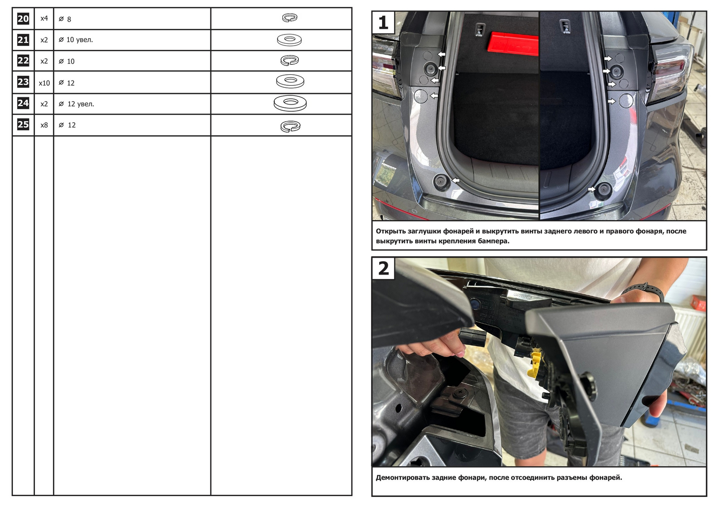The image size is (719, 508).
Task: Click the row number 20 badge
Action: coord(23,19)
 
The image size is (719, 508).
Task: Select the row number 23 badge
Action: coord(23,82)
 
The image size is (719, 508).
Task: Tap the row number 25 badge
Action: coord(23,125)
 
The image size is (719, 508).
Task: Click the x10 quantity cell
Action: coord(44,83)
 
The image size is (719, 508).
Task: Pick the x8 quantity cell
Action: coord(44,125)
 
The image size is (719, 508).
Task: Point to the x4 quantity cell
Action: coord(44,18)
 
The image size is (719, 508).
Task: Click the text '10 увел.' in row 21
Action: coord(80,40)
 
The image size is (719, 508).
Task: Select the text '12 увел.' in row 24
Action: coord(81,104)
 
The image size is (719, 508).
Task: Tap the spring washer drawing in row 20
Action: coord(290,18)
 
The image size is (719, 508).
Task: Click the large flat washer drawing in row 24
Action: coord(290,104)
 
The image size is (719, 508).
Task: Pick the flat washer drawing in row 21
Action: coord(289,40)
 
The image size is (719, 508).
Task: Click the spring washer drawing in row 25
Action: coord(290,126)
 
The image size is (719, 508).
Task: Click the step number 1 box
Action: coord(383,23)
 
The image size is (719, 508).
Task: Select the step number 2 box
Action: coord(383,268)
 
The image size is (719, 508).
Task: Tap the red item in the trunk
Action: coord(512,43)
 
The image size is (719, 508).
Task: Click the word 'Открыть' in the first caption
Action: coord(390,231)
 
